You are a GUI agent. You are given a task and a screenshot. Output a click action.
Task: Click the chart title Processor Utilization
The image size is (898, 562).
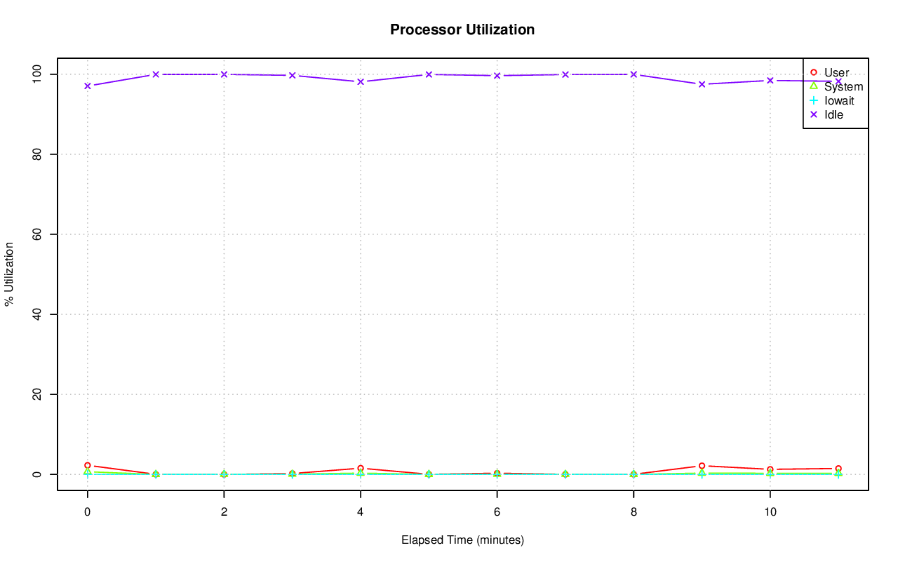(x=462, y=29)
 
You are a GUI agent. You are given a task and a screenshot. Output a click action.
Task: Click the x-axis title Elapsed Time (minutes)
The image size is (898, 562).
(x=462, y=540)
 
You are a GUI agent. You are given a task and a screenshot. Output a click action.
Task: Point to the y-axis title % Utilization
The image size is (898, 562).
(x=10, y=274)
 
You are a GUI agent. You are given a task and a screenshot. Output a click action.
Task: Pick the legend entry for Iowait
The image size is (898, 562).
(x=839, y=101)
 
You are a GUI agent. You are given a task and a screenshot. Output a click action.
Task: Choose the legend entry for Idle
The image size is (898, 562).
(x=833, y=115)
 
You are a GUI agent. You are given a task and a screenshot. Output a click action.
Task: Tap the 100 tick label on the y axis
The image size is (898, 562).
(x=39, y=74)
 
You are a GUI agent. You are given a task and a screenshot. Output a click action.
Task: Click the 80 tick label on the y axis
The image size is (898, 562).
(x=39, y=154)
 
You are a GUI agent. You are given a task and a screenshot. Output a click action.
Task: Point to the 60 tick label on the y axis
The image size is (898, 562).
(x=39, y=234)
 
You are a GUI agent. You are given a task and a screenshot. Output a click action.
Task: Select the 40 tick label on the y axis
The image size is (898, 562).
(x=39, y=314)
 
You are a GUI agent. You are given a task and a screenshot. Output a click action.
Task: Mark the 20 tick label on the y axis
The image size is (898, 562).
(x=39, y=394)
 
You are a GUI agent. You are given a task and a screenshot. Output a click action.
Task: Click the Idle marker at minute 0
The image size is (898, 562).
(x=88, y=86)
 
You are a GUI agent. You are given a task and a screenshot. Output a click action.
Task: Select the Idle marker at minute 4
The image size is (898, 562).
(x=361, y=81)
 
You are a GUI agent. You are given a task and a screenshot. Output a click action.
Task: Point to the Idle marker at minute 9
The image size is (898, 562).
(x=702, y=84)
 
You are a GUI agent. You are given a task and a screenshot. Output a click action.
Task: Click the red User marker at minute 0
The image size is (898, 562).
(x=88, y=465)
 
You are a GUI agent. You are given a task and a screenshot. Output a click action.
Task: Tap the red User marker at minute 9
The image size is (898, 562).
(x=702, y=466)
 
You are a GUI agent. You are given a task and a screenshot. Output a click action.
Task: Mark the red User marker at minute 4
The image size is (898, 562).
(x=361, y=468)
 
